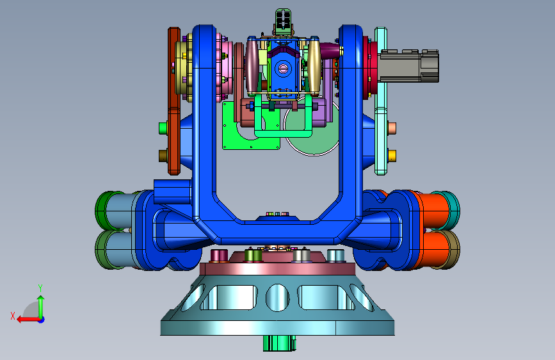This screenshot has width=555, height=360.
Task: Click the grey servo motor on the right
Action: tap(409, 66)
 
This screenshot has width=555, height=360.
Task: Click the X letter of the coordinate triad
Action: tap(13, 316)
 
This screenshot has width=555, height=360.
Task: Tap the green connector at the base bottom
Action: tap(279, 343)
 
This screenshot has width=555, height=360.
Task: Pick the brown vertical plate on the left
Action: tap(173, 101)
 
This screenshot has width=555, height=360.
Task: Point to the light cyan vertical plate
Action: tap(381, 101)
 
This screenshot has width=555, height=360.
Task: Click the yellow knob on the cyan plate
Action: tap(392, 156)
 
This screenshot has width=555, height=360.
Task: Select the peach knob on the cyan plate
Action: tap(392, 128)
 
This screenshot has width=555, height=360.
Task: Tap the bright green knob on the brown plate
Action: tap(163, 128)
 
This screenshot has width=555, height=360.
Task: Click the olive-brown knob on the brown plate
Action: tap(163, 156)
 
